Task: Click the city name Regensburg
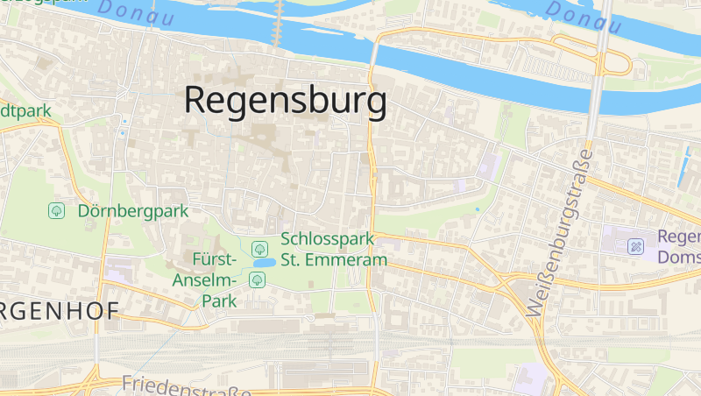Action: point(285,101)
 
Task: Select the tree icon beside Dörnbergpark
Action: point(57,211)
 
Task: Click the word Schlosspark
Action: point(327,239)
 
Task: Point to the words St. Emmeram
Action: point(334,260)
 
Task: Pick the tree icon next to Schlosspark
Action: point(259,248)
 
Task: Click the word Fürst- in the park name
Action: point(215,260)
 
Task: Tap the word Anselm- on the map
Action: point(206,280)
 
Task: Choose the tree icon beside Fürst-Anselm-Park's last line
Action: point(257,280)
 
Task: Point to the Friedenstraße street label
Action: point(186,385)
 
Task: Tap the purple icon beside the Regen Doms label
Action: point(636,246)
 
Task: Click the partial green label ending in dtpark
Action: point(26,110)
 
